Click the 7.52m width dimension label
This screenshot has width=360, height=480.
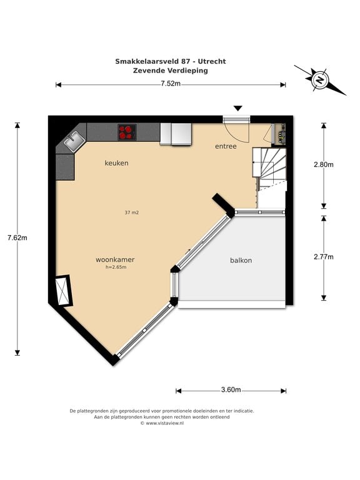171,83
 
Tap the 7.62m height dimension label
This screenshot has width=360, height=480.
17,237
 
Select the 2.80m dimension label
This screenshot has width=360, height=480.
324,165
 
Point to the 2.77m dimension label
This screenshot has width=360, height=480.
324,257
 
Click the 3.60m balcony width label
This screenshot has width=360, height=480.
231,390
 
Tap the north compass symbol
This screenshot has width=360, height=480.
320,80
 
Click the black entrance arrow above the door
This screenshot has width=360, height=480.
238,108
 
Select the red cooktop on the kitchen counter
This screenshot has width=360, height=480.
127,132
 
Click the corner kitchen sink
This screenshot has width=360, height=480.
74,142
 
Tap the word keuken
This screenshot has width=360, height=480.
117,163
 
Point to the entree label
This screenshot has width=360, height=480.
226,146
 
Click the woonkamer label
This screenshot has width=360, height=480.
115,259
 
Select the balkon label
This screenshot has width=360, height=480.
241,261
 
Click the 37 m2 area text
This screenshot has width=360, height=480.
132,212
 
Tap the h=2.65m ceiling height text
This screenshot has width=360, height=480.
116,267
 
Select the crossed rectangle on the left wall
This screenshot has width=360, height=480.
64,290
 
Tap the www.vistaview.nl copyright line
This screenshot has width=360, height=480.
162,423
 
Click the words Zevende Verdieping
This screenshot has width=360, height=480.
171,71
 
